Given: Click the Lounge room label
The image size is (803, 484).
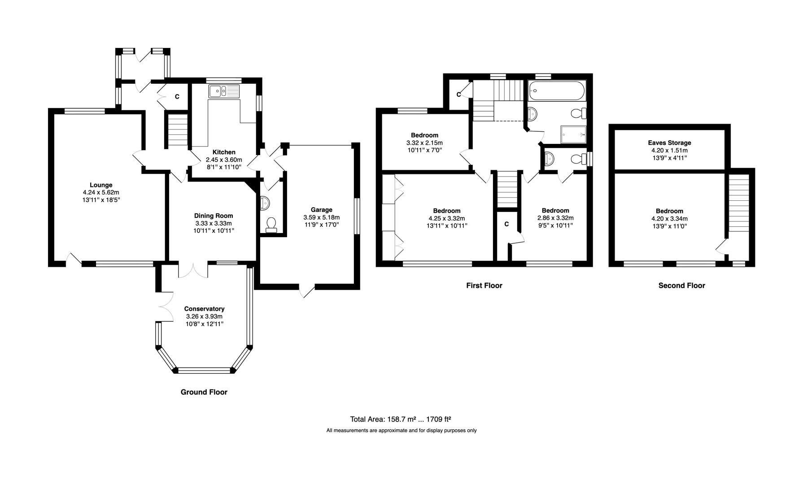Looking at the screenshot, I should (101, 185).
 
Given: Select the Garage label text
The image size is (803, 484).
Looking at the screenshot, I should (321, 210).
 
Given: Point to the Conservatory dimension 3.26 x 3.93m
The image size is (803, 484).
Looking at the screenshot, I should (204, 316).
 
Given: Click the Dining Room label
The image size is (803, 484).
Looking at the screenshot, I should (214, 216).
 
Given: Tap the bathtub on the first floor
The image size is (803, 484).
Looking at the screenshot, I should (556, 92).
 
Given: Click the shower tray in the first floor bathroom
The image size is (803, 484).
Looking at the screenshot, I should (573, 134).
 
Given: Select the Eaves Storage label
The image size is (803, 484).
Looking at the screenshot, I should (669, 143).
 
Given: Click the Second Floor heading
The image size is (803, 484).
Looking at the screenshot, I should (681, 285).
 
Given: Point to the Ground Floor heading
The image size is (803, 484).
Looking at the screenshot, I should (204, 392).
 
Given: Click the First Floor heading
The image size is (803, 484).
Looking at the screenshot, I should (484, 285).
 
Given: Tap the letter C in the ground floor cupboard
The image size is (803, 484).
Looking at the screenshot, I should (177, 97).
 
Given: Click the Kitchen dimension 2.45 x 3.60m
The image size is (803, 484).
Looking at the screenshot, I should (224, 160).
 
